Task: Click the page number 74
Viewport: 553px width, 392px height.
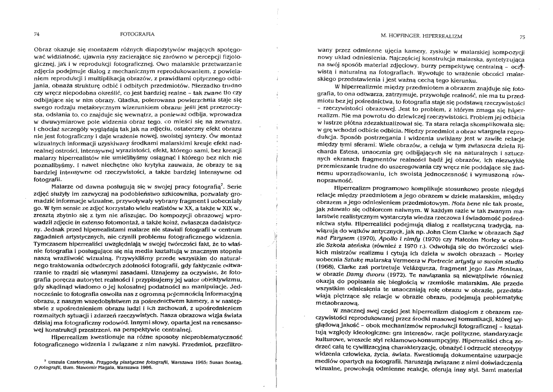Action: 37,33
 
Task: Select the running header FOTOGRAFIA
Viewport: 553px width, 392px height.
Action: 137,33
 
